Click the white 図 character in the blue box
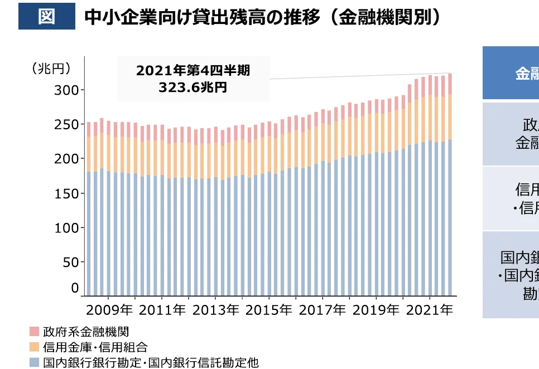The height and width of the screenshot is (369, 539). [46, 16]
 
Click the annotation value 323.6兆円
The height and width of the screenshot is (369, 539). [193, 88]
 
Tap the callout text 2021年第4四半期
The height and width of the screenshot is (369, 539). [193, 71]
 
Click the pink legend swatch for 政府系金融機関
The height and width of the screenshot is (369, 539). [35, 333]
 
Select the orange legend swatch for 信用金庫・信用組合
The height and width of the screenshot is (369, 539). [35, 347]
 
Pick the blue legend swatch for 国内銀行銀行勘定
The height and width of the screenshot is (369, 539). [35, 362]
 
